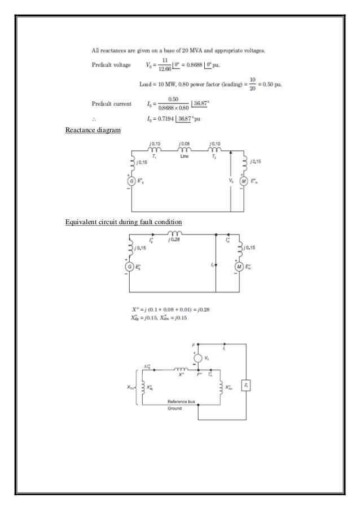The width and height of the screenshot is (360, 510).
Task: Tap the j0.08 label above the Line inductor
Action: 184,145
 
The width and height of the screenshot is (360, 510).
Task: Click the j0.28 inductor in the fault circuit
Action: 177,234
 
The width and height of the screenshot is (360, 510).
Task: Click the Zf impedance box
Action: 245,384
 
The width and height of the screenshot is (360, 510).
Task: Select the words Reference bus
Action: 180,401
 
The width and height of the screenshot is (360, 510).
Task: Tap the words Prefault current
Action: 112,103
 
